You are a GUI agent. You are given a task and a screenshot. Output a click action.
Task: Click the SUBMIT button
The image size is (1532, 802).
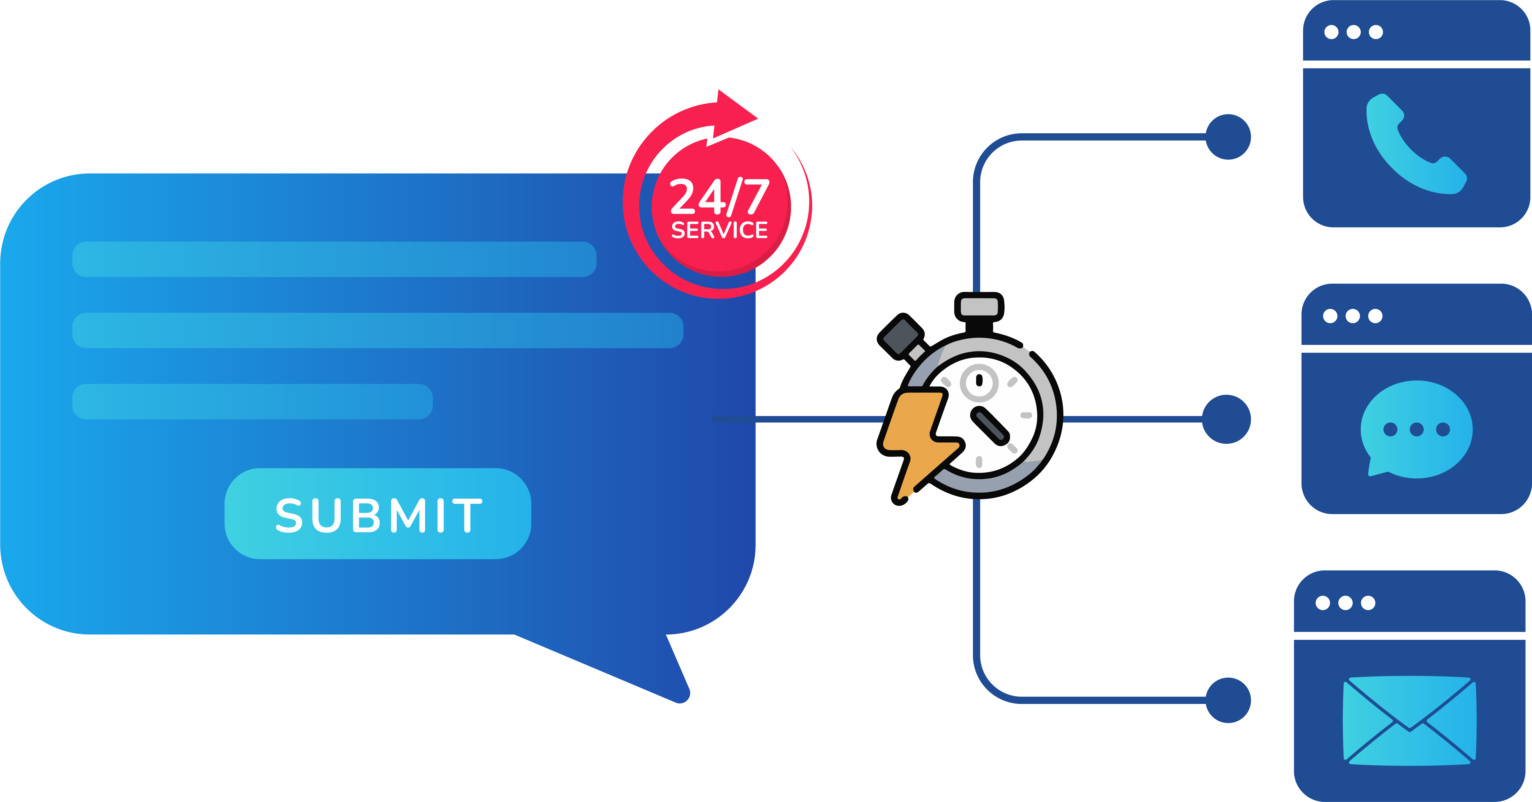[x=378, y=514]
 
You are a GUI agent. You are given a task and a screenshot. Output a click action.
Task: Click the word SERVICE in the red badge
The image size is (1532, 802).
[x=720, y=230]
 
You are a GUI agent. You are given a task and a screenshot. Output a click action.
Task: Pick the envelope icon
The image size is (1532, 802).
[x=1410, y=721]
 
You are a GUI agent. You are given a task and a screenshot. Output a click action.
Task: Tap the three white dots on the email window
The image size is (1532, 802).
[x=1345, y=603]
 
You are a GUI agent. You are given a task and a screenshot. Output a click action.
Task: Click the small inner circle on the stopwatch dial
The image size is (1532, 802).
[x=979, y=382]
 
